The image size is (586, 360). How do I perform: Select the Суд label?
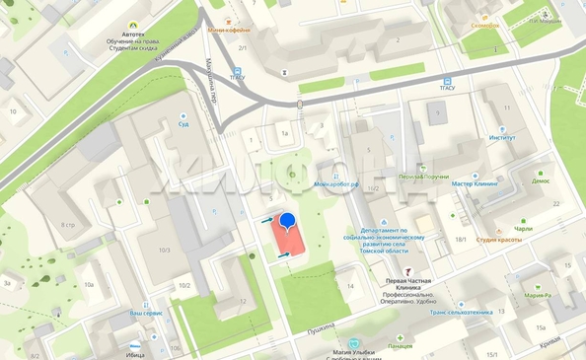183,125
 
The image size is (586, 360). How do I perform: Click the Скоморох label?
484,25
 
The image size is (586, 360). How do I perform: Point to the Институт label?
501,137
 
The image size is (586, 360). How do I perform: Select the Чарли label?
523,228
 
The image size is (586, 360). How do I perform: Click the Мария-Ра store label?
538,295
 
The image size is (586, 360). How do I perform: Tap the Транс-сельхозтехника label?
462,312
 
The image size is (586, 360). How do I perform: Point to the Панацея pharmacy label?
401,346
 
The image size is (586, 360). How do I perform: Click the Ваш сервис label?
145,313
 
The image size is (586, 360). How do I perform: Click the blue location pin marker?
288,222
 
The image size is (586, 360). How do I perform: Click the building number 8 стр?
68,225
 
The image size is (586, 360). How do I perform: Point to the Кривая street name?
550,342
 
